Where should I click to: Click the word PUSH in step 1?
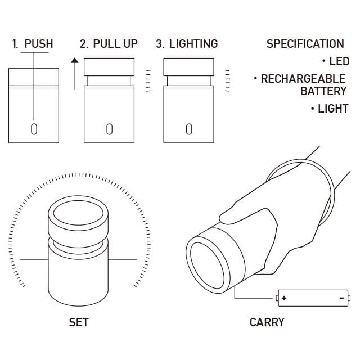39,44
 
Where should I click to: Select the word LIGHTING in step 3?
193,44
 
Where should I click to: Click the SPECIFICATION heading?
305,44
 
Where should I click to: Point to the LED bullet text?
339,61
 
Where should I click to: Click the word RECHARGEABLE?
303,79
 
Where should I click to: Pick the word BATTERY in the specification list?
323,91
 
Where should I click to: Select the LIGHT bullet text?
333,109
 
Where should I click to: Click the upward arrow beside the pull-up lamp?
75,74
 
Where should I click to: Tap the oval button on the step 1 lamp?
34,129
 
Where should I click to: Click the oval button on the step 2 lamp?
110,129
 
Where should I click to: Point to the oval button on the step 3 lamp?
189,129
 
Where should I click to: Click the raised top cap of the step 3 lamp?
189,67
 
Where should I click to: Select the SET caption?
79,322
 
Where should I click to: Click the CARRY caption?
267,322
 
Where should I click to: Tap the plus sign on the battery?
284,298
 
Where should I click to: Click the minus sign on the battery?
342,298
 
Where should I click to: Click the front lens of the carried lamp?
207,265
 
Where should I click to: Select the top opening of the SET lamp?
78,213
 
